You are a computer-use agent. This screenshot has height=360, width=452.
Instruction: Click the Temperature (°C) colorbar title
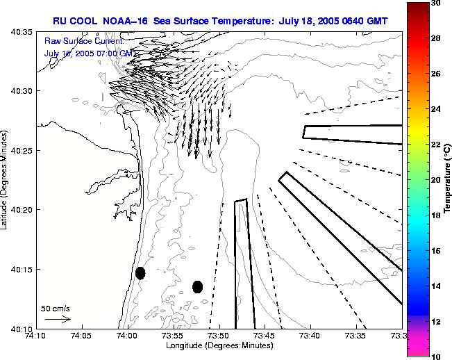coord(448,180)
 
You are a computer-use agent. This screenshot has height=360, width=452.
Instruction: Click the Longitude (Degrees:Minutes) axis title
coord(219,345)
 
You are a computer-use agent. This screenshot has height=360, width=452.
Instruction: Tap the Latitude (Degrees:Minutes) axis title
coord(6,180)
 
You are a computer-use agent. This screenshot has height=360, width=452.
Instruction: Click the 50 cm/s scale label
coord(55,308)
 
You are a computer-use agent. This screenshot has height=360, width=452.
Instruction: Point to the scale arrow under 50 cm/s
coord(58,319)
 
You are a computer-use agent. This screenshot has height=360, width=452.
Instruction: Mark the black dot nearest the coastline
coord(140,273)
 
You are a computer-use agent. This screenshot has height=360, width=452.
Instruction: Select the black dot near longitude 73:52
coord(197,286)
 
